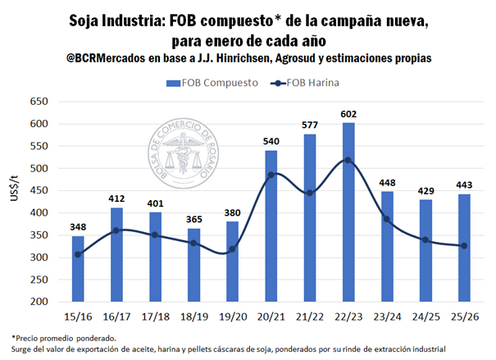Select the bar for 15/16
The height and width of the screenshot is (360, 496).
pos(77,269)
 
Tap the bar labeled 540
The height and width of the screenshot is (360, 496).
pos(271,226)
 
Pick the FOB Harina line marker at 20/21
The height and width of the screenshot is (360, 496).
pos(271,175)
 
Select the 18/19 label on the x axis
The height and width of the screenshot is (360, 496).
pos(193,315)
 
